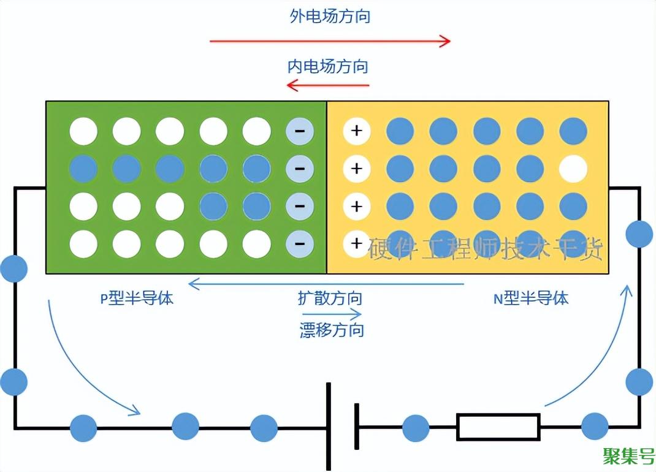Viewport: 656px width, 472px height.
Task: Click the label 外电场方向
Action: [330, 17]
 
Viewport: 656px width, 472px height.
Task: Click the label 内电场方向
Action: [328, 66]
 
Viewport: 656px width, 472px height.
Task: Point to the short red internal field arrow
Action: [328, 85]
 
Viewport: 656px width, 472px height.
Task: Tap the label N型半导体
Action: [531, 299]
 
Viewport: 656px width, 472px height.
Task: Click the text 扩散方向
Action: [330, 299]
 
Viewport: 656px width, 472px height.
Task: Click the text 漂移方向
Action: [332, 330]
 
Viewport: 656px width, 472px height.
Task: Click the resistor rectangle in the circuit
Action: [498, 427]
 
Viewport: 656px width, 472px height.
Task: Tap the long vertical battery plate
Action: [329, 427]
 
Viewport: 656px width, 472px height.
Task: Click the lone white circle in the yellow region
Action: [573, 169]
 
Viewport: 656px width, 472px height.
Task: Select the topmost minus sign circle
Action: [300, 131]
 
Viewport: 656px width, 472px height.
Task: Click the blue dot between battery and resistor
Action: [416, 428]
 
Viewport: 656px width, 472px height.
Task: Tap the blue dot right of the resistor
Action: [594, 427]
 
